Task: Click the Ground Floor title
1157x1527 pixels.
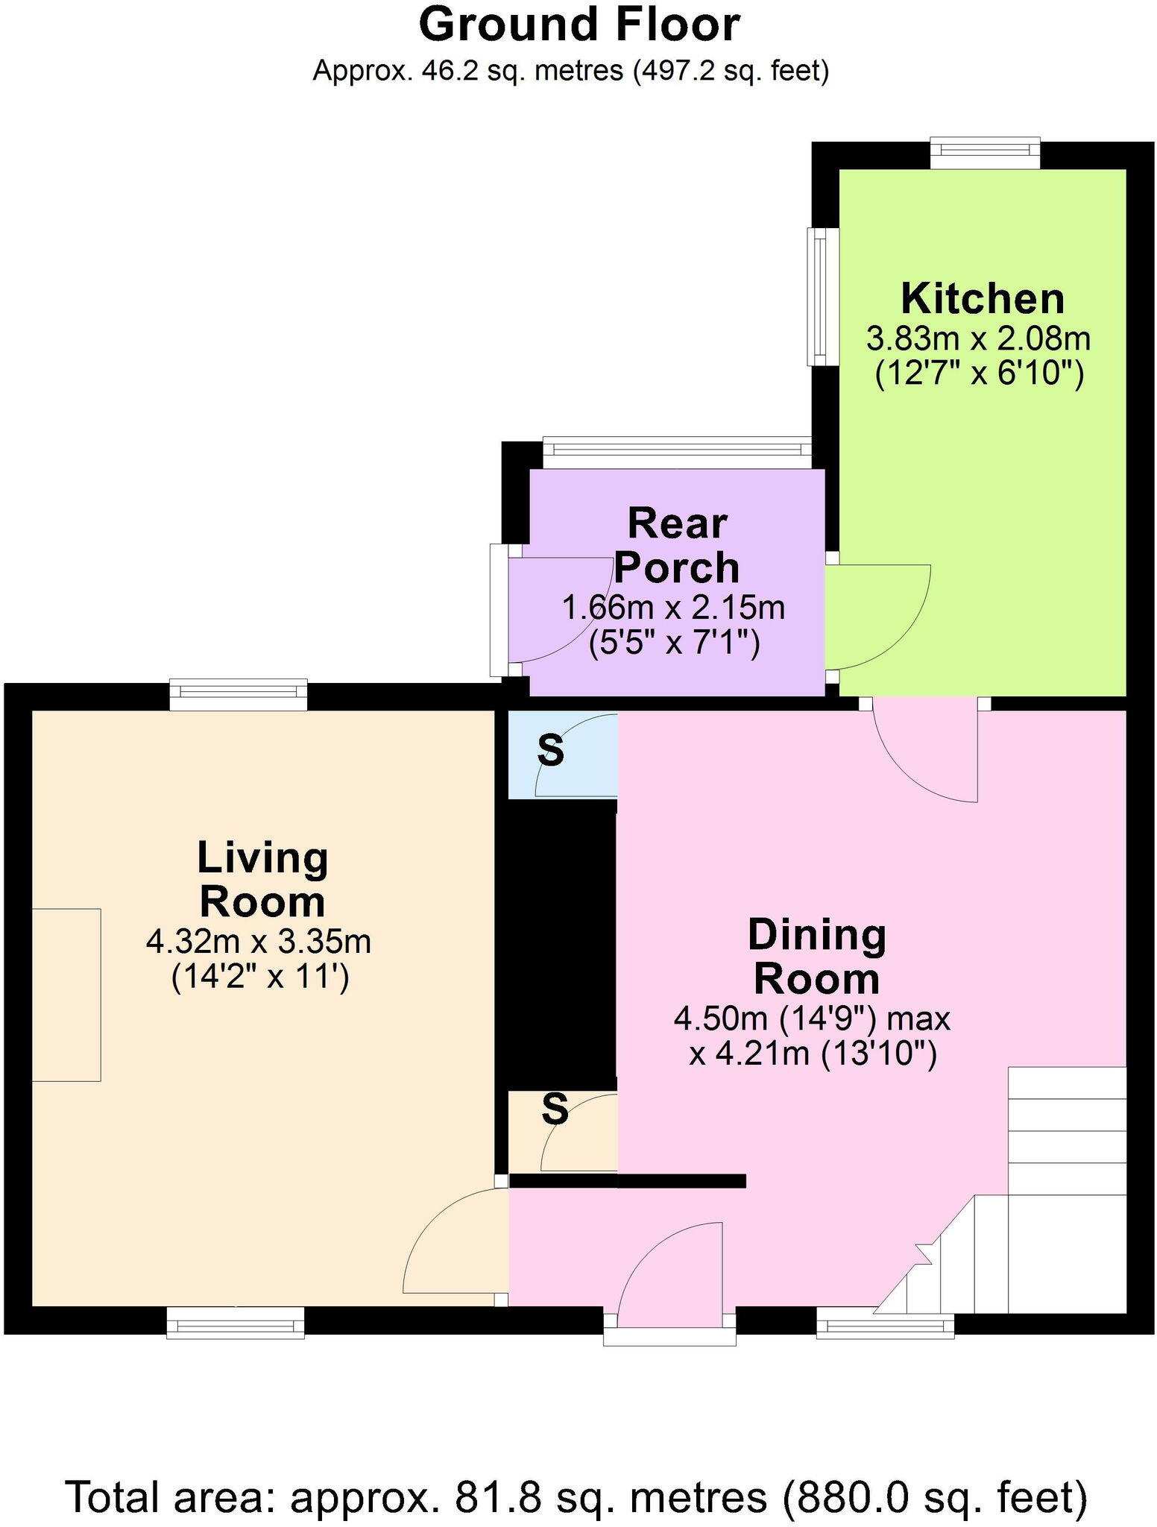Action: coord(578,25)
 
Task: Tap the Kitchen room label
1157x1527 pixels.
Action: coord(982,300)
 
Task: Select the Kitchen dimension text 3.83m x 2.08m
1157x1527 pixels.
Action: coord(978,340)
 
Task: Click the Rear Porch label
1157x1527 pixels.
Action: coord(676,546)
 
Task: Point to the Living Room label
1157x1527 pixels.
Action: coord(262,880)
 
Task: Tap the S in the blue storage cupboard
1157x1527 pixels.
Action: coord(551,751)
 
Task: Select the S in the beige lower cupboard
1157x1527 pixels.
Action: coord(555,1109)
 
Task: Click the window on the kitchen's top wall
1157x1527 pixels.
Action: coord(985,153)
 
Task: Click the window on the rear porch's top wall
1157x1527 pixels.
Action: coord(676,450)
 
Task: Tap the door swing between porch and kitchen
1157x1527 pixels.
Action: coord(876,615)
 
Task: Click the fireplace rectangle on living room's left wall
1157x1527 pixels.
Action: coord(66,994)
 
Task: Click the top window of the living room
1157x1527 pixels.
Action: coord(238,694)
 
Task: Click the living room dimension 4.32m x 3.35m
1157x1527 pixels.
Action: coord(259,942)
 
